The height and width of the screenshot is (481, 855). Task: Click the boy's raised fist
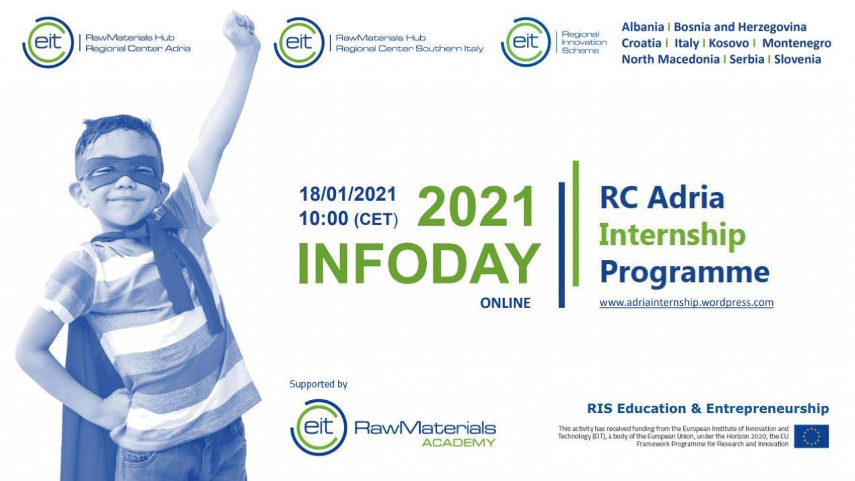pos(239,29)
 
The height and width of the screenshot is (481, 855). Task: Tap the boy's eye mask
pos(122,172)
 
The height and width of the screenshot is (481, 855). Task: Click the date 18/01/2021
pos(348,194)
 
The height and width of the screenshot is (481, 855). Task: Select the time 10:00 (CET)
pos(349,219)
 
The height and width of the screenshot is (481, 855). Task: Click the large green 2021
pos(476,206)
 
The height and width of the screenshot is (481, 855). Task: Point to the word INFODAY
pos(419,263)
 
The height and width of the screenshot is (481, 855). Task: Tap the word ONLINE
pos(506,303)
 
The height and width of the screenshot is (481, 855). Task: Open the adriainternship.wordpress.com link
pos(686,303)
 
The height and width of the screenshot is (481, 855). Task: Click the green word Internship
pos(672,236)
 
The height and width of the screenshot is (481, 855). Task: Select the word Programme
pos(685,273)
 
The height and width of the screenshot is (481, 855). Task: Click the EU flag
pos(812,436)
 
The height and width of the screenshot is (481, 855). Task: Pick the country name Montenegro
pos(797,43)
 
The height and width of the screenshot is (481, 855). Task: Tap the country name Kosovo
pos(729,43)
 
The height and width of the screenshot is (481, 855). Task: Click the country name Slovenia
pos(798,59)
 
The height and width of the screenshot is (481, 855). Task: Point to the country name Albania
pos(643,27)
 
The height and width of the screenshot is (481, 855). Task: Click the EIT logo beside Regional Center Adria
pos(47,42)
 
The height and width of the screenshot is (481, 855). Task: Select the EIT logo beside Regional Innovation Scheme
pos(526,42)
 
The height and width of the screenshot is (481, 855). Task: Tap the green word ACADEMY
pos(458,443)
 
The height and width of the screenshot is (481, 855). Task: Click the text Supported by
pos(319,384)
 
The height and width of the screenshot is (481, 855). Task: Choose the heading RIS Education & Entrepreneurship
pos(708,408)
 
